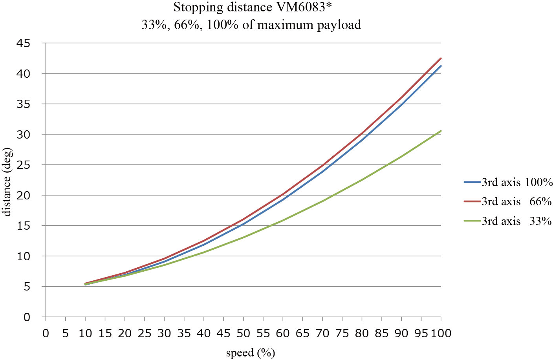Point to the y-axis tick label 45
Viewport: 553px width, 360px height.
[24, 43]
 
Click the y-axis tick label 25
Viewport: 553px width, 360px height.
[24, 165]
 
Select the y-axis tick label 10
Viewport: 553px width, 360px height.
[24, 256]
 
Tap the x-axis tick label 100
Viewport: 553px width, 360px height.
[441, 334]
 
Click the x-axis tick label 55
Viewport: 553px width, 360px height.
[263, 334]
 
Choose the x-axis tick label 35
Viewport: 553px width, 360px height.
[184, 334]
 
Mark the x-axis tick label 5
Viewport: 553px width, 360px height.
[66, 334]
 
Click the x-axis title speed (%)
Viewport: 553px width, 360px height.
[250, 353]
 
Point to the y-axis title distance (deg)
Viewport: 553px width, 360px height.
[7, 181]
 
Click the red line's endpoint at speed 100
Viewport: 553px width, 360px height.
[441, 58]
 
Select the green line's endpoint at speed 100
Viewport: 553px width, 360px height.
[441, 131]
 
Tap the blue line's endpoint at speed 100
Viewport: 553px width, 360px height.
[441, 66]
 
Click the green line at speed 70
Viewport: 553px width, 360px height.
[322, 201]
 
